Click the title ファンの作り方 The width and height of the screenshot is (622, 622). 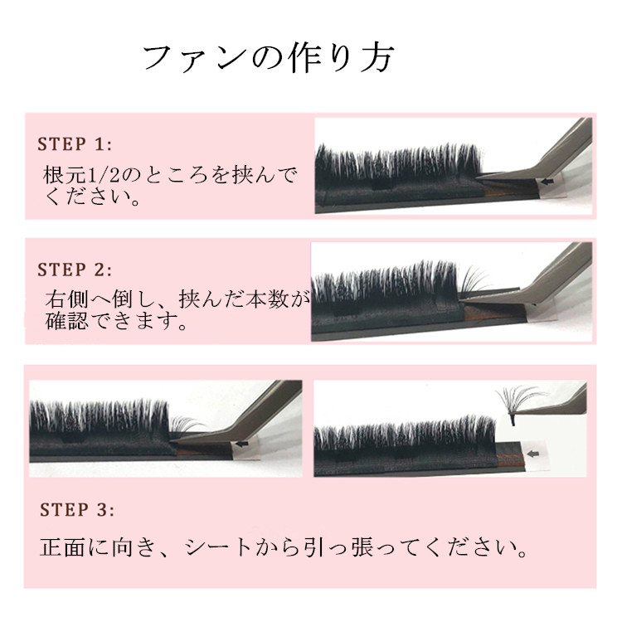tap(269, 58)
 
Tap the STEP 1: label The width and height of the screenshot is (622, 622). tap(75, 144)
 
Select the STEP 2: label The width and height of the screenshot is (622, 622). tap(75, 270)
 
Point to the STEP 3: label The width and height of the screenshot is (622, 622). tap(77, 510)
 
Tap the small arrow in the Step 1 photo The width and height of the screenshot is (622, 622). tap(548, 182)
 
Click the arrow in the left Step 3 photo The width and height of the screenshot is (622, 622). tap(241, 444)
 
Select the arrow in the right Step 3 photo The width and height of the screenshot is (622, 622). tap(532, 454)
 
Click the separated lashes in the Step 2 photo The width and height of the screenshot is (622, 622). tap(474, 279)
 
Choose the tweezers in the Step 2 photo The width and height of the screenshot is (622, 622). tap(532, 284)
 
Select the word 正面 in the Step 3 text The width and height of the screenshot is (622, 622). tap(62, 547)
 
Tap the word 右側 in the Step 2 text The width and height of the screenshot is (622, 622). tap(66, 299)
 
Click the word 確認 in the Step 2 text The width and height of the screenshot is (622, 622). tap(66, 321)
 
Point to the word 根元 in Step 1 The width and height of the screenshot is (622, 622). tap(64, 175)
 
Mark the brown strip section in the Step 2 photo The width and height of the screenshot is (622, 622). tap(496, 313)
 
